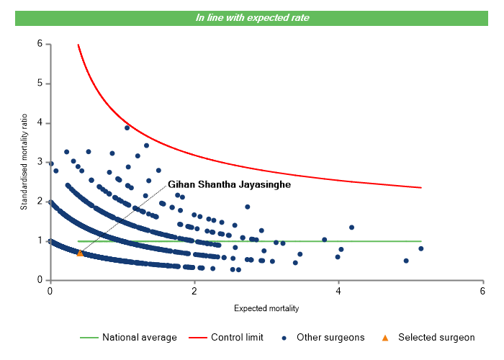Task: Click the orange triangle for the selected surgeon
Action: coord(80,253)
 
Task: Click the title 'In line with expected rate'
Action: coord(252,17)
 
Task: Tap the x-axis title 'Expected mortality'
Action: coord(266,308)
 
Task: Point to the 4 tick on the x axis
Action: coord(338,290)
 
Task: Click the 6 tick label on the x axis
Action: coord(482,290)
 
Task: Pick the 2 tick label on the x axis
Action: coord(194,290)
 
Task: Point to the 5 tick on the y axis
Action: coord(40,84)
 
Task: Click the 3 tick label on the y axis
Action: coord(40,162)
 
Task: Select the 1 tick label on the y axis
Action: coord(40,240)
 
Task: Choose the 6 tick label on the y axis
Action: coord(40,44)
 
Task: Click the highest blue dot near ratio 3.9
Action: coord(127,127)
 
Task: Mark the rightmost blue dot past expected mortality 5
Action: coord(420,248)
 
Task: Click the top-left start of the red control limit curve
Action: coord(78,45)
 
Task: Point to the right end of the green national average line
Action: coord(420,241)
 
